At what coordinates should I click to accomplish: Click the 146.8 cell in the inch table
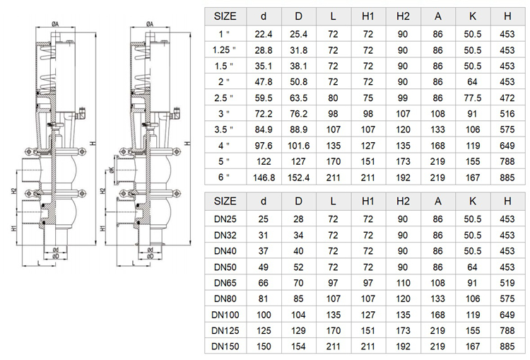[264, 178]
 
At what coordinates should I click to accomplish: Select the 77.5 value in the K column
[473, 98]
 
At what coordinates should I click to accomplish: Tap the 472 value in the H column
[507, 98]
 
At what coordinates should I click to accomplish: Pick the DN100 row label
[225, 315]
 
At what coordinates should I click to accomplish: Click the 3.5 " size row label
[224, 130]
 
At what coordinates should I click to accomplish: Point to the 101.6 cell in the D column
[298, 146]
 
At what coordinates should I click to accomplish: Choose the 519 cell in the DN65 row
[507, 283]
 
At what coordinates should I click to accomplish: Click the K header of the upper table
[473, 16]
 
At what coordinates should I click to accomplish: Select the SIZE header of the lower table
[225, 202]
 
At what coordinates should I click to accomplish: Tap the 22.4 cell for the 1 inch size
[264, 34]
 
